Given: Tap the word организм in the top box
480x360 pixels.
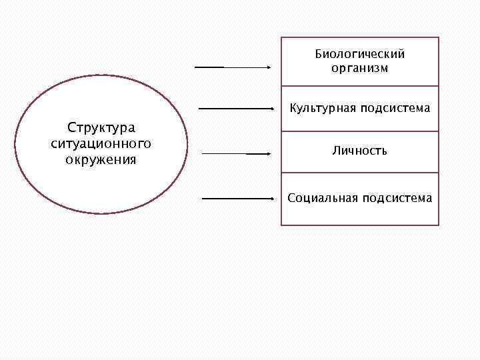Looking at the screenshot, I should coord(360,68).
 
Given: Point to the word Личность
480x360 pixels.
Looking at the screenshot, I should coord(360,151).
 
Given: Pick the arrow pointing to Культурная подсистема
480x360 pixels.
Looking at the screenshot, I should coord(237,108).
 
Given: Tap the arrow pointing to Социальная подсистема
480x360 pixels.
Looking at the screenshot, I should coord(237,198).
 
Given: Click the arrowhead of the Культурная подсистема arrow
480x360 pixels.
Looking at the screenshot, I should coord(274,108).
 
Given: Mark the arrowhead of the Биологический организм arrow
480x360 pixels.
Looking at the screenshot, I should coord(268,67).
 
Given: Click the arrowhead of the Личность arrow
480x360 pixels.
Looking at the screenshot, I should coord(268,153).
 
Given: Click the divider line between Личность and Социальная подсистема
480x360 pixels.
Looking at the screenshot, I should coord(360,173).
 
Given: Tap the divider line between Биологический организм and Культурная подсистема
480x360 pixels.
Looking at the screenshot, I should coord(360,86).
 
